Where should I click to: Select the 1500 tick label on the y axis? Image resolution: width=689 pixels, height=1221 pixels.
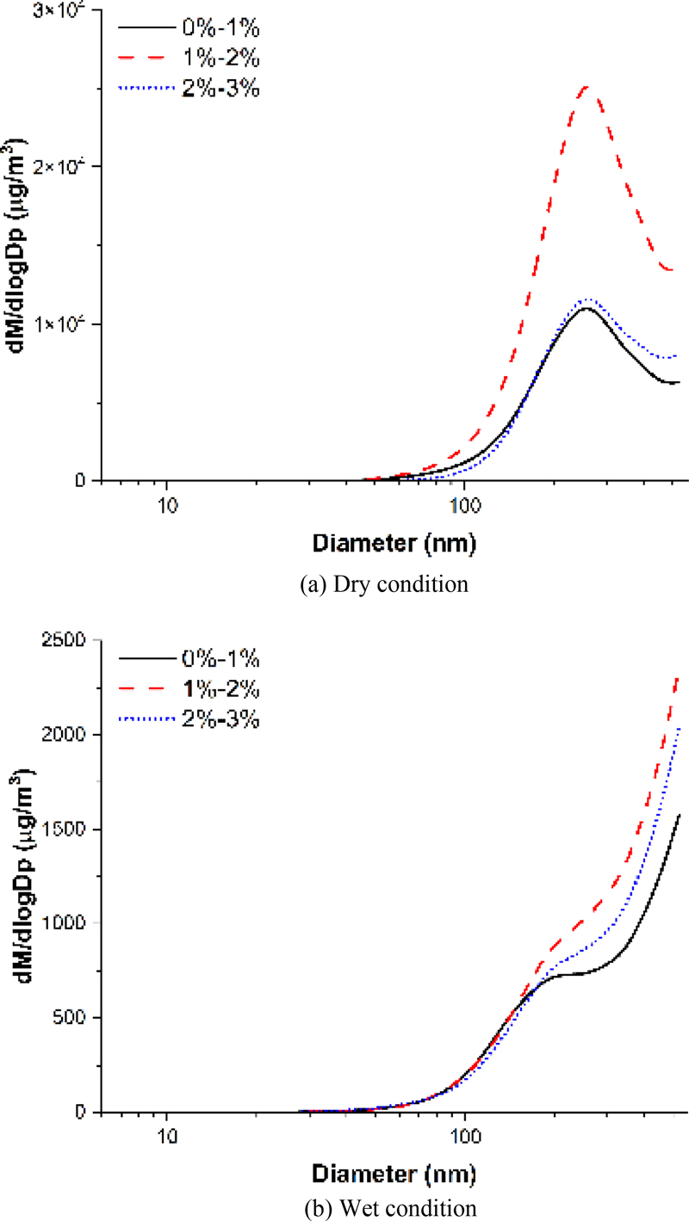pos(67,829)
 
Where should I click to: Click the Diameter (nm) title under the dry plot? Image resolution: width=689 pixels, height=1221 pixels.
pos(394,544)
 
